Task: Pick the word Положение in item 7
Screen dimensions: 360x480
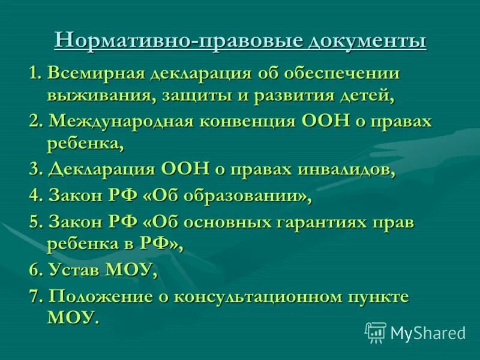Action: click(x=106, y=297)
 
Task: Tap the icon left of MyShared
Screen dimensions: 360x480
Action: click(x=376, y=332)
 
